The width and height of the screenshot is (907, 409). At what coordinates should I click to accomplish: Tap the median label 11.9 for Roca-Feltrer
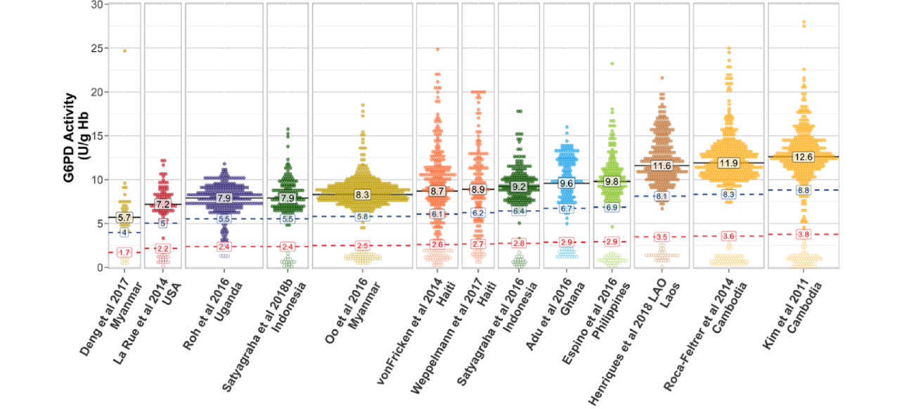pos(728,163)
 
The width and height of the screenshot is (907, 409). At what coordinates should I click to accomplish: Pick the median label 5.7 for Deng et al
pos(124,217)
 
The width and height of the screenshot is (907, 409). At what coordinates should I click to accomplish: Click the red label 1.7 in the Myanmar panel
pos(124,253)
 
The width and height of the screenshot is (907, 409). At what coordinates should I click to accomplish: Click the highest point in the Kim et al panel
pos(803,22)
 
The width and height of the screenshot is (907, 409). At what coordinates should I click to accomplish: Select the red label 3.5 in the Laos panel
pos(662,237)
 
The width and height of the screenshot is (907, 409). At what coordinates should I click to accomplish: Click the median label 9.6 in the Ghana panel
pos(567,183)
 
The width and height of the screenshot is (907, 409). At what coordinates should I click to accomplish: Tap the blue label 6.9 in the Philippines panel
pos(612,207)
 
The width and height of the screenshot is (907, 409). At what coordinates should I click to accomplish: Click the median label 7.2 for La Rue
pos(163,204)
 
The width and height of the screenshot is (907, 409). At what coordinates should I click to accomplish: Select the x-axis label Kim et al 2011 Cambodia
pos(787,327)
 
